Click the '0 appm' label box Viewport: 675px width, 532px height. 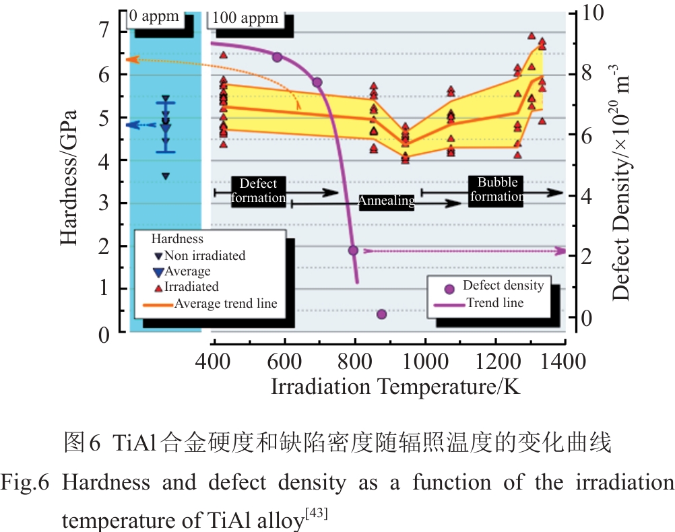(154, 17)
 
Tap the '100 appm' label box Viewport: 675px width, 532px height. (245, 18)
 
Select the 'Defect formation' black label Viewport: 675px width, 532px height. (258, 191)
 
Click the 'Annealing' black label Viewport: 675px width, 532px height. (385, 201)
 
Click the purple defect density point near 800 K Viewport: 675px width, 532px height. (352, 251)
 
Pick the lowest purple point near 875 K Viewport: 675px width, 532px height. (381, 314)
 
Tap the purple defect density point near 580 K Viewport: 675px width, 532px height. (277, 57)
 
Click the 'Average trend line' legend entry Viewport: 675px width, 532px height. (210, 304)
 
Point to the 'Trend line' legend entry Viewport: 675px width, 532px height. (479, 304)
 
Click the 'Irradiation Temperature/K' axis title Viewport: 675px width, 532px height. (396, 387)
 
